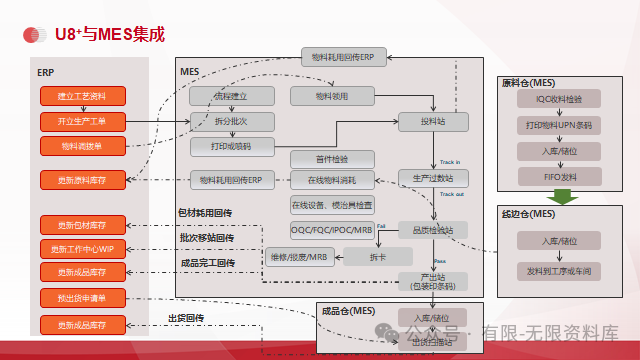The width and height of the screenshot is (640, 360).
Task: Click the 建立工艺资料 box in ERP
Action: (x=82, y=96)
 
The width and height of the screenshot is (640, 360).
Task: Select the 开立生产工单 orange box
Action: (x=82, y=121)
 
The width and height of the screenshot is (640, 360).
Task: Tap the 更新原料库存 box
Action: (x=82, y=180)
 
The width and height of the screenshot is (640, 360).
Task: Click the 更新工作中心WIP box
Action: (x=82, y=248)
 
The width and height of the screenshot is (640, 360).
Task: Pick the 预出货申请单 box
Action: (x=82, y=298)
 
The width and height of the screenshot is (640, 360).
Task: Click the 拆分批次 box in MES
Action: (x=231, y=121)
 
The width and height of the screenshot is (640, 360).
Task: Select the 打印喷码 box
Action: (x=231, y=147)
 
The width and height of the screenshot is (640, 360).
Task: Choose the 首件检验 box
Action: (x=332, y=158)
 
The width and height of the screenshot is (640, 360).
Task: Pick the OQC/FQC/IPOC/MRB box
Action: (x=332, y=230)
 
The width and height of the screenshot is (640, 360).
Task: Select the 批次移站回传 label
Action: (x=207, y=238)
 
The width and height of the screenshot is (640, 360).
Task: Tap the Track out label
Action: (x=451, y=194)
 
